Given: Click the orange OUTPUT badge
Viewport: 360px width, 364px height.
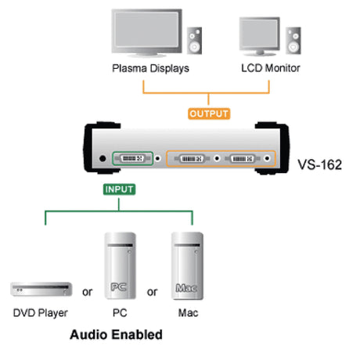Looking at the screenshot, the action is [209, 114].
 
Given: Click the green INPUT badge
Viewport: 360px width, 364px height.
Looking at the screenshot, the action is [119, 189].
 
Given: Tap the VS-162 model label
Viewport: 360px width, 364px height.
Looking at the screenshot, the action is [319, 164].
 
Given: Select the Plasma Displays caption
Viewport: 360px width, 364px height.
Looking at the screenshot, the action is [150, 68].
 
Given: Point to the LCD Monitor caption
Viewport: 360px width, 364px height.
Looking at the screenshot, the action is [271, 68].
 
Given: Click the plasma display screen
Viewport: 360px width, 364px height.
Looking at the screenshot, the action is [146, 30].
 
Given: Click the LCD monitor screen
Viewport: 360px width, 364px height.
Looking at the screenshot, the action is [259, 34].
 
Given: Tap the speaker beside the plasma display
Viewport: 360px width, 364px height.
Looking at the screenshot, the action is [194, 41].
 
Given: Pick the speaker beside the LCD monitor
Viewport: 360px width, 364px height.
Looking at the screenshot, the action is [293, 41].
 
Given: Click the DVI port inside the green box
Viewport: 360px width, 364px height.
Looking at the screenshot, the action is [132, 158].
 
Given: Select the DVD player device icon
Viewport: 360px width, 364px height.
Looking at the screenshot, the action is [41, 289].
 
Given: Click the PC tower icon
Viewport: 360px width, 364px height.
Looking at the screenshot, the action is [120, 265].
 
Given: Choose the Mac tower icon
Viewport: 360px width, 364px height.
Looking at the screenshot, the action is [187, 265].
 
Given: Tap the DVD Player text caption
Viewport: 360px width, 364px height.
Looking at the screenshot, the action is [41, 313].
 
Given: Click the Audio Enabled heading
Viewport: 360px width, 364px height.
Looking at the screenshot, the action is [116, 334].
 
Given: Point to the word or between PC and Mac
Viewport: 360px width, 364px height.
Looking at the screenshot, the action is [152, 292].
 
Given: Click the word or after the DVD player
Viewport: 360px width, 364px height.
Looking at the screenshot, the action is [87, 292].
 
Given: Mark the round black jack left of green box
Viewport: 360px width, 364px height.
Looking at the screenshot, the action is [103, 158].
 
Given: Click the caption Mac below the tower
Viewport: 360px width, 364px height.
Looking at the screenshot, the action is [188, 312].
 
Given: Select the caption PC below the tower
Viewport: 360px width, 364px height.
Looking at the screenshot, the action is [120, 312].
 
